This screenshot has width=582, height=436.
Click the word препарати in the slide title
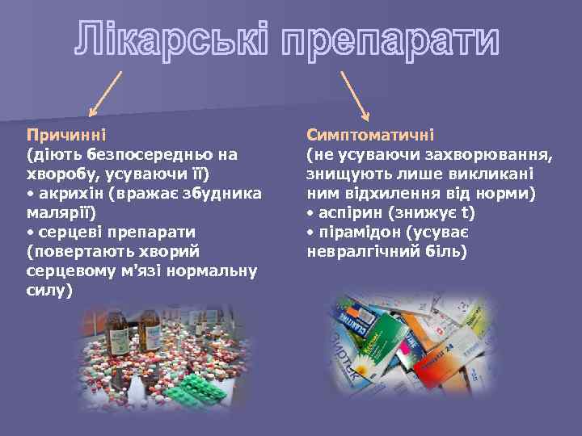tap(390, 40)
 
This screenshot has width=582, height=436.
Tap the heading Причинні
tap(66, 134)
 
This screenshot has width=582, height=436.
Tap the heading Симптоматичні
tap(371, 134)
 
